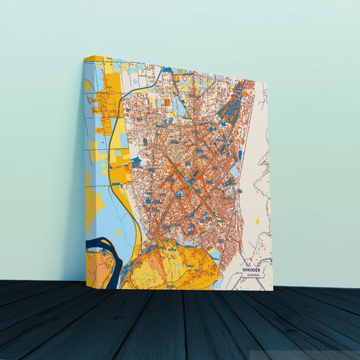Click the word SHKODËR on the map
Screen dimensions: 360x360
pyautogui.click(x=253, y=269)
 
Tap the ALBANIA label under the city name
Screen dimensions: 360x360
pyautogui.click(x=253, y=275)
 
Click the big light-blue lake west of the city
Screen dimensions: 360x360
pyautogui.click(x=118, y=209)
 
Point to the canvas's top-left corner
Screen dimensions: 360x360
pyautogui.click(x=84, y=57)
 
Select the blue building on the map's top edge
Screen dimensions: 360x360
pyautogui.click(x=166, y=70)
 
